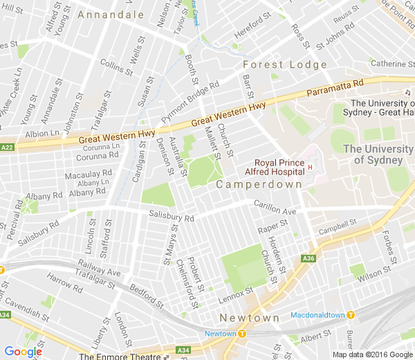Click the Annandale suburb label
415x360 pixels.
110,14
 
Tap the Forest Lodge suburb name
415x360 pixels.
284,64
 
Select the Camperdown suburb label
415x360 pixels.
259,184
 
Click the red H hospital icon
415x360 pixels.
311,167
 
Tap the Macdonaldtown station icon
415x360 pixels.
350,314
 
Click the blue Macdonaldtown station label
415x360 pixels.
317,314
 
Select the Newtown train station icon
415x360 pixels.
243,334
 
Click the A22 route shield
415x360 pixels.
7,147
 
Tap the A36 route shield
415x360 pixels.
308,259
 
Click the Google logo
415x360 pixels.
23,352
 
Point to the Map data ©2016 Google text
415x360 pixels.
372,354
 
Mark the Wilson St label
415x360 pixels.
374,275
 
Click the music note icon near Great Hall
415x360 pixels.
408,93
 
